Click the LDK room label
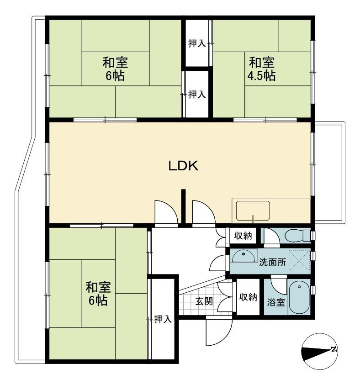coord(183,166)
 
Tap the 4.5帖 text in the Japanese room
coord(261,76)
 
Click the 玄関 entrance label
coord(204,301)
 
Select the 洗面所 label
coord(272,262)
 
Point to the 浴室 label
coord(276,302)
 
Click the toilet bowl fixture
coord(297,235)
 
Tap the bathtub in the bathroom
coord(299,297)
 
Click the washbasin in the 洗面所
coord(244,256)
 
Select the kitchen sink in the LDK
coord(253,211)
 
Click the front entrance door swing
coord(219,332)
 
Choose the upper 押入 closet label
coord(197,43)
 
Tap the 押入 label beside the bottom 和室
coord(163,319)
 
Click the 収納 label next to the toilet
coord(243,235)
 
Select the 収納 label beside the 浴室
coord(248,297)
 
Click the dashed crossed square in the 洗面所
coord(300,260)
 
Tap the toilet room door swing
coord(272,237)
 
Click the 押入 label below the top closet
coord(197,94)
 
